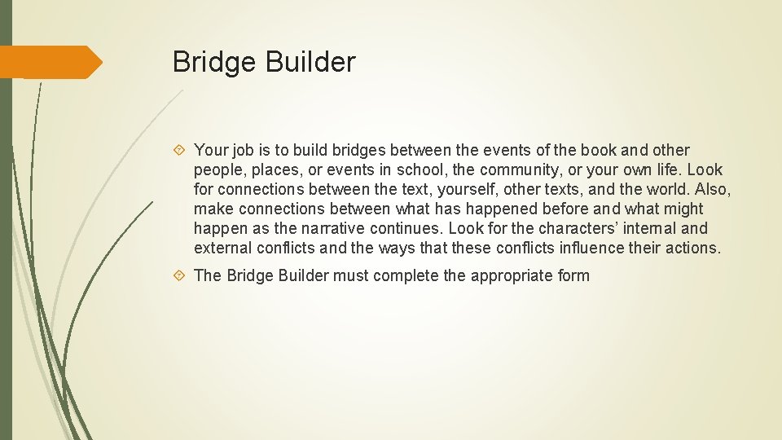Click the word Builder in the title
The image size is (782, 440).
point(314,62)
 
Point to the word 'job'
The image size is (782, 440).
point(243,151)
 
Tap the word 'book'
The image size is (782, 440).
point(597,150)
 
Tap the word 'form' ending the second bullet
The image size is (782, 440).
point(573,275)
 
